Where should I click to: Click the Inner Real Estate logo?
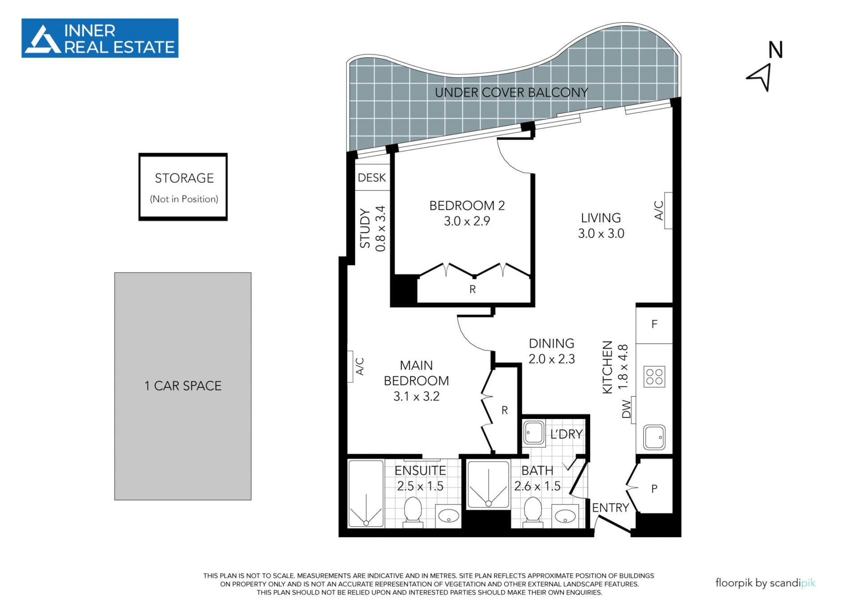[100, 38]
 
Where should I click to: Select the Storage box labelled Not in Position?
[183, 187]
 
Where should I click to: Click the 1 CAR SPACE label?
[183, 385]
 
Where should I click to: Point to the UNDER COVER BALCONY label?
[511, 93]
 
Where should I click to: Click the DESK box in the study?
[372, 178]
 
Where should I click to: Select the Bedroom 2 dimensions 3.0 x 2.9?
[467, 221]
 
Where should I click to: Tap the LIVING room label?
[601, 218]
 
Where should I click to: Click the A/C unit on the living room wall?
[668, 210]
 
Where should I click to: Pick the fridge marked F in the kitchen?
[654, 325]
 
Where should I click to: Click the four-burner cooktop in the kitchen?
[654, 377]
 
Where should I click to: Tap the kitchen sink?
[654, 437]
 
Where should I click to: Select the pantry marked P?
[654, 488]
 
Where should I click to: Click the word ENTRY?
[611, 508]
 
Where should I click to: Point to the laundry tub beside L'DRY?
[534, 433]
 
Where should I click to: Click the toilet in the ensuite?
[413, 511]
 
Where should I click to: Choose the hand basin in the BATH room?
[565, 516]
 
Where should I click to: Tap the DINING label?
[552, 343]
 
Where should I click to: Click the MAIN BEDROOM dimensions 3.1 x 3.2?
[416, 396]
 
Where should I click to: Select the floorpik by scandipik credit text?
[765, 583]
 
